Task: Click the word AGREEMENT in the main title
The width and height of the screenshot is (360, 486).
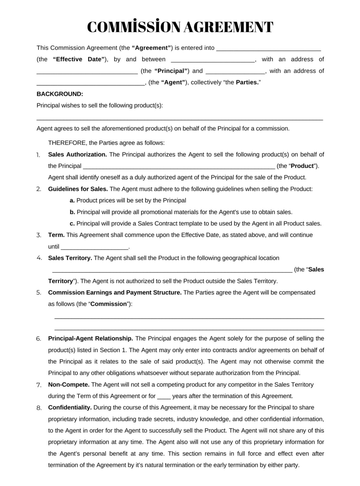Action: click(x=228, y=27)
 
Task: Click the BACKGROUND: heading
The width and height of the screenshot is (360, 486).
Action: click(x=60, y=94)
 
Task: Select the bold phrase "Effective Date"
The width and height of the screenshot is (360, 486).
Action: click(x=78, y=59)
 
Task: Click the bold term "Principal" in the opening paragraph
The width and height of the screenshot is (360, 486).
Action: click(x=171, y=71)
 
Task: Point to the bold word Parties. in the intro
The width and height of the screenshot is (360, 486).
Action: click(x=248, y=82)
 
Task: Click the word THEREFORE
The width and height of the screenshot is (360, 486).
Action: click(x=67, y=143)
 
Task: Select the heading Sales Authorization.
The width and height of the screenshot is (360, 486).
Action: click(x=77, y=155)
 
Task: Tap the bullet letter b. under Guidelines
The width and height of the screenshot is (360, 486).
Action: click(x=72, y=212)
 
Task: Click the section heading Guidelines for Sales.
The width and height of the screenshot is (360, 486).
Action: click(x=78, y=189)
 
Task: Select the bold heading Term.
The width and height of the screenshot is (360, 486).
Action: click(x=56, y=235)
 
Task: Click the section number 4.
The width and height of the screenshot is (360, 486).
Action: click(x=39, y=258)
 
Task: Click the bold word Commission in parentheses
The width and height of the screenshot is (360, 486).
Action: click(x=108, y=304)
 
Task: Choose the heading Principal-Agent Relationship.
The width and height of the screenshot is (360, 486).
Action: click(x=90, y=339)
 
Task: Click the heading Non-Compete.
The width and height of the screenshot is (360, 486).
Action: click(x=69, y=385)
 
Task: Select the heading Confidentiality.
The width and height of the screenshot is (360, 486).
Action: click(x=70, y=408)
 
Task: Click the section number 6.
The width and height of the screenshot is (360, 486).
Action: click(x=39, y=339)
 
